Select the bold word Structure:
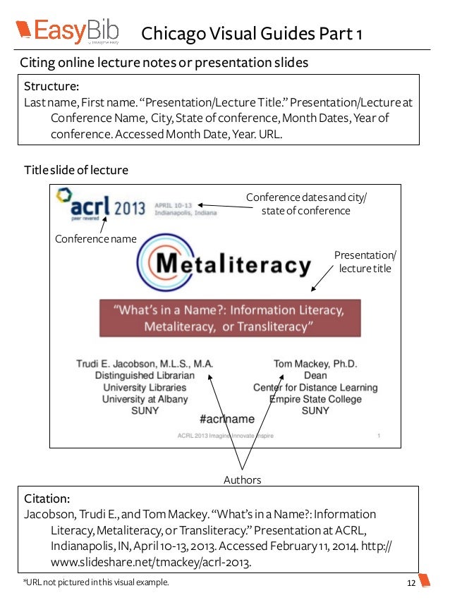[51, 87]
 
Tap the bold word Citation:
[47, 498]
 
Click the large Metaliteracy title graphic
[224, 266]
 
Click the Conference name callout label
[95, 239]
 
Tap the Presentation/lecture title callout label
[365, 262]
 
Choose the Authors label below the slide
[242, 480]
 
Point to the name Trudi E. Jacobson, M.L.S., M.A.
[145, 364]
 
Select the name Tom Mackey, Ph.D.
[315, 364]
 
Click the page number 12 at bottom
[411, 583]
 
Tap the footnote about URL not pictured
[97, 583]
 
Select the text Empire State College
[315, 399]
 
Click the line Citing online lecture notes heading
[164, 63]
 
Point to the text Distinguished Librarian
[145, 376]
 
